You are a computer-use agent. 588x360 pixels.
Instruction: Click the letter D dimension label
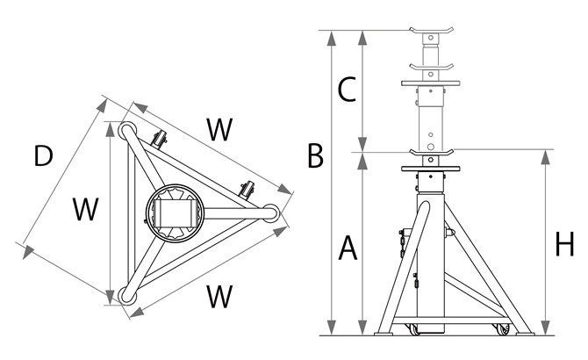coord(43,156)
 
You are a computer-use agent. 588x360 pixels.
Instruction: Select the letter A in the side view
coord(348,249)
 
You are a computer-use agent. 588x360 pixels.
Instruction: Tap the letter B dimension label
coord(315,157)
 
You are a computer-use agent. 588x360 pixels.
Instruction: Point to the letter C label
coord(347,89)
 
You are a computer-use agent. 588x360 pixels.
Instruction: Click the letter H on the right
coord(564,245)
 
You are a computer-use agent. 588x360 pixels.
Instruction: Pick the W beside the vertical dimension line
coord(85,210)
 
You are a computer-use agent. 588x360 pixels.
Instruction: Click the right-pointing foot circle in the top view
coord(272,212)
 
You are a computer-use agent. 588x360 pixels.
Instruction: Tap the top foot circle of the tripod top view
coord(127,131)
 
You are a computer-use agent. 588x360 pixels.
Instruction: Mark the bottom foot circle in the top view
coord(129,297)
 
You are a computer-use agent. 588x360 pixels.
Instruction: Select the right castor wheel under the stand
coord(502,329)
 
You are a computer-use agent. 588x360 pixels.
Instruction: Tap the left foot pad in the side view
coord(384,332)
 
